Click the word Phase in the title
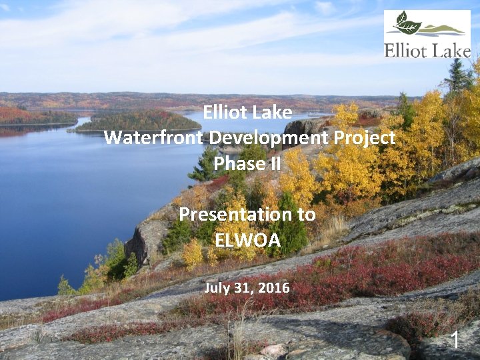(x=237, y=163)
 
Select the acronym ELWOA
(x=247, y=239)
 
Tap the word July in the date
(x=217, y=288)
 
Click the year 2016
(x=274, y=288)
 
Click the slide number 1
(x=455, y=340)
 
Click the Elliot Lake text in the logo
(x=427, y=49)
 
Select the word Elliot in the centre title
(x=229, y=113)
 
